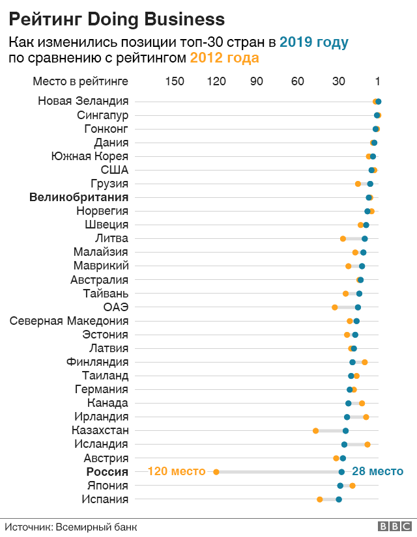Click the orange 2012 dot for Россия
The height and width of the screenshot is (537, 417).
[216, 472]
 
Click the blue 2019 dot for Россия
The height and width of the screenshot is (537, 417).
[341, 472]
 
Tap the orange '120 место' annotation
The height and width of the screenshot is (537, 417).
[177, 471]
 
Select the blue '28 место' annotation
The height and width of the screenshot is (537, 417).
[377, 471]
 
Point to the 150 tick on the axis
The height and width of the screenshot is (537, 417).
[175, 81]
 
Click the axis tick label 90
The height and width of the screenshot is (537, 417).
[257, 81]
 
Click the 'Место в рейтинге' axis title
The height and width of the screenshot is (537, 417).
[81, 81]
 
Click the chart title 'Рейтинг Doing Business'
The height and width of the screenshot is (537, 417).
[117, 19]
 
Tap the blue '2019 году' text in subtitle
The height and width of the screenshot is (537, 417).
[314, 43]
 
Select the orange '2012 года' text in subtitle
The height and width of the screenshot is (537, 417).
[224, 58]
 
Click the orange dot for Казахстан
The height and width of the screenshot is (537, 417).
[316, 431]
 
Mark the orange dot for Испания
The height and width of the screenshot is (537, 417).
[319, 499]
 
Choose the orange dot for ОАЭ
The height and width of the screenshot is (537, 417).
[335, 307]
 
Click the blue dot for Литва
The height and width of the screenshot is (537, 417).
[365, 239]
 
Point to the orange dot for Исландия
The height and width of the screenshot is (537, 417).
[367, 445]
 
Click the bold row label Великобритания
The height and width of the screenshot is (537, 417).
[79, 197]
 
